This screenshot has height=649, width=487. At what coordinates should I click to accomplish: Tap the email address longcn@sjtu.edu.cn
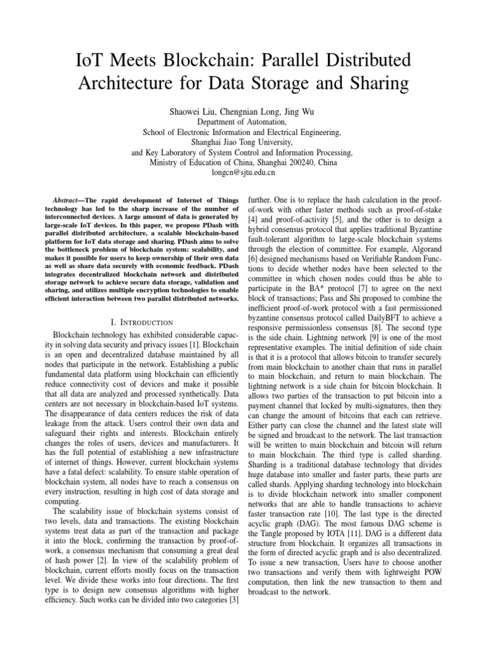[x=243, y=172]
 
